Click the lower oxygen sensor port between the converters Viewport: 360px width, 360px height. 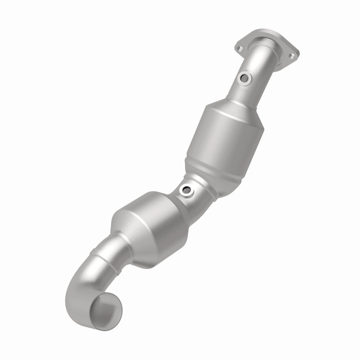point(185,191)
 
